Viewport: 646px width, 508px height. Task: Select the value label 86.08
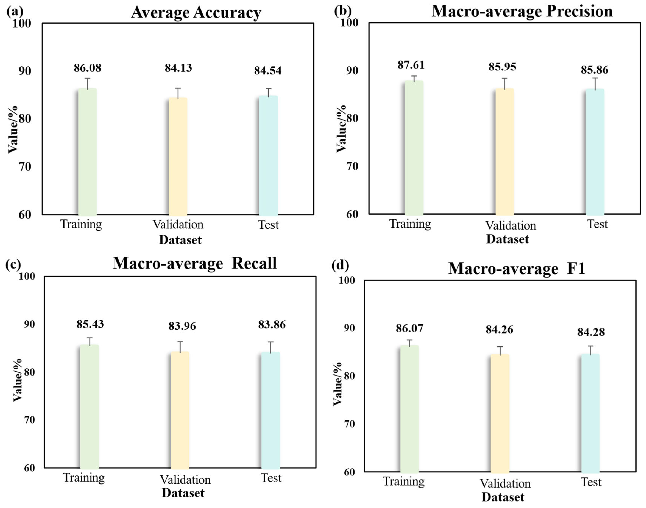88,68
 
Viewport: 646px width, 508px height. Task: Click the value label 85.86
595,70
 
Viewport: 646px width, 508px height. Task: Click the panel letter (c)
13,264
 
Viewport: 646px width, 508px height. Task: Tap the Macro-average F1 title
517,268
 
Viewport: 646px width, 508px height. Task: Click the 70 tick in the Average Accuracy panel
25,167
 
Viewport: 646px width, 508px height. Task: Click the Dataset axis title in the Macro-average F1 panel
503,497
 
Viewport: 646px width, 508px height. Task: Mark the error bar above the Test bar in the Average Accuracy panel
268,92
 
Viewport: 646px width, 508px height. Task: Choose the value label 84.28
591,332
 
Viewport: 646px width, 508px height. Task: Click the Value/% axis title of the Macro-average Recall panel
17,380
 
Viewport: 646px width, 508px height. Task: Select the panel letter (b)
343,11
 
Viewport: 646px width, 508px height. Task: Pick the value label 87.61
411,65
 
